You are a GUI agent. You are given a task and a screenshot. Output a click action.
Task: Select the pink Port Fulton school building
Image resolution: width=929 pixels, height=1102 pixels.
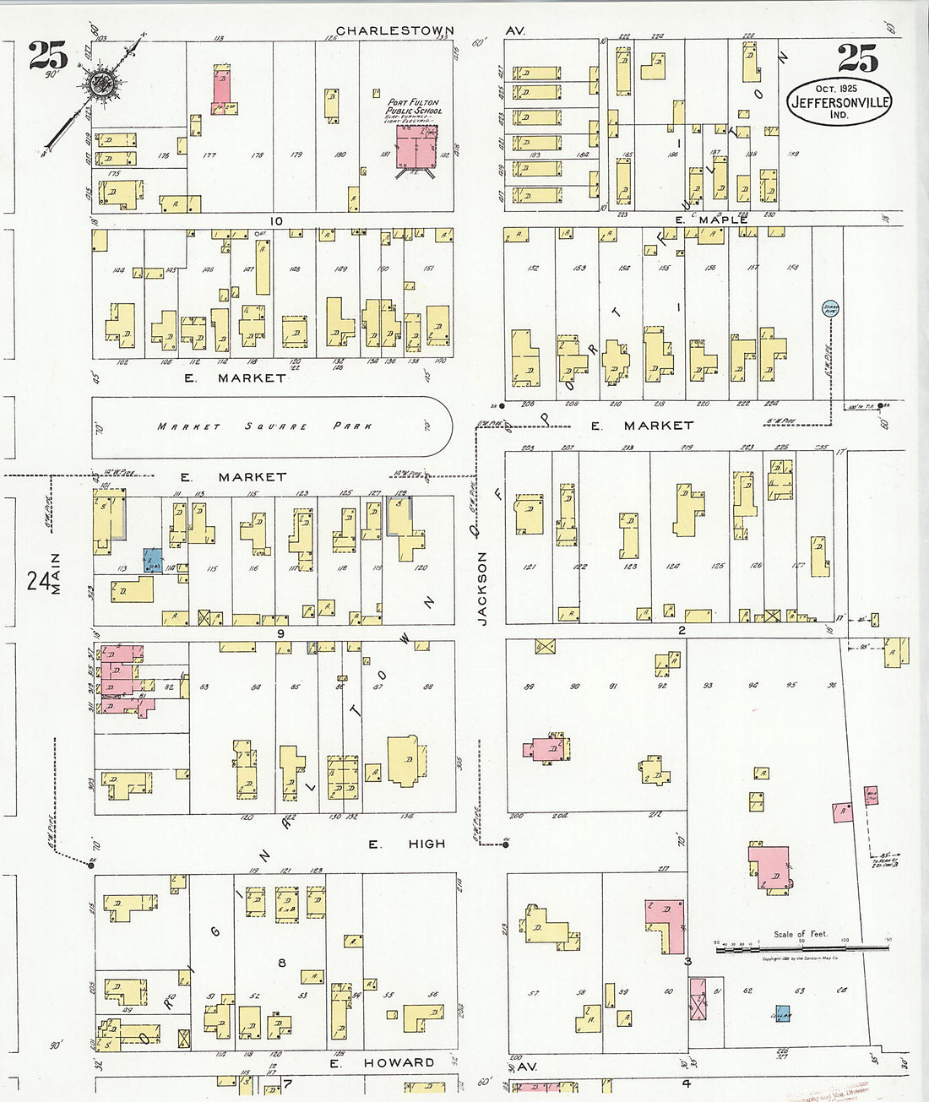(x=416, y=146)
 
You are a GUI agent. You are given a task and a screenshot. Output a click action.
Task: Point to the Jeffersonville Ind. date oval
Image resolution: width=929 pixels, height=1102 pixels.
(x=839, y=101)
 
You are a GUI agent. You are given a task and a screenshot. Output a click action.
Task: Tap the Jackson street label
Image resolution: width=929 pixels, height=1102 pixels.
(x=482, y=589)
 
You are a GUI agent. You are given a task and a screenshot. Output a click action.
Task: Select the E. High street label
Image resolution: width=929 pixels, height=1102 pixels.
(x=407, y=844)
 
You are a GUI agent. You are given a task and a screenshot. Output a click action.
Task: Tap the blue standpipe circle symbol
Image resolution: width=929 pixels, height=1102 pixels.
(x=829, y=309)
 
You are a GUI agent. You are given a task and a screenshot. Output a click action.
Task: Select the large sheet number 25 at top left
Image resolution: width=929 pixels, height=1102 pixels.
(x=47, y=56)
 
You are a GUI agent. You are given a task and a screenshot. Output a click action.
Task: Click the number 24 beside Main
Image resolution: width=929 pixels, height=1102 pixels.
(x=36, y=582)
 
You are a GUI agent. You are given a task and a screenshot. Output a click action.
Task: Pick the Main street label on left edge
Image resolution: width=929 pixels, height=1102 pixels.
(x=57, y=574)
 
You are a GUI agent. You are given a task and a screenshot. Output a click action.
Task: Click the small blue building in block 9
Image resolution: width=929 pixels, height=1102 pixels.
(x=153, y=560)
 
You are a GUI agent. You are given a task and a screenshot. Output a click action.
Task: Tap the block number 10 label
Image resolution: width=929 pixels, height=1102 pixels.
(x=276, y=221)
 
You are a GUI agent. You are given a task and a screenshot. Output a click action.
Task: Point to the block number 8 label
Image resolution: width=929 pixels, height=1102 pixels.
(x=282, y=962)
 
